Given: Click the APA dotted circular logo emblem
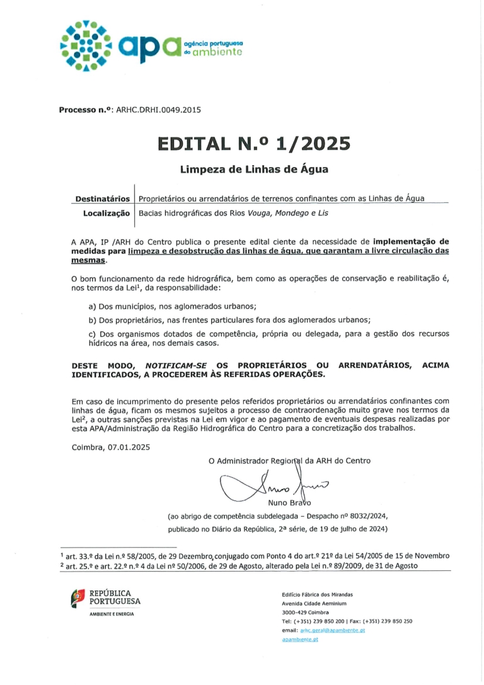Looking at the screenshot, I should (86, 45).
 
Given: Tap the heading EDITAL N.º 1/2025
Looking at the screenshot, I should (254, 144).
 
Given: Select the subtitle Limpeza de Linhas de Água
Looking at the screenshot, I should (254, 169).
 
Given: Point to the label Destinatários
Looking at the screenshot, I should (103, 199).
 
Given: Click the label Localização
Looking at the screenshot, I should (107, 213).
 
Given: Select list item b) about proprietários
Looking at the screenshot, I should (229, 319).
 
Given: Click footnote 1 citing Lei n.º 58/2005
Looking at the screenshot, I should (255, 556).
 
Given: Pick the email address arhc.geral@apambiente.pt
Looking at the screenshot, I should (332, 630).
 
